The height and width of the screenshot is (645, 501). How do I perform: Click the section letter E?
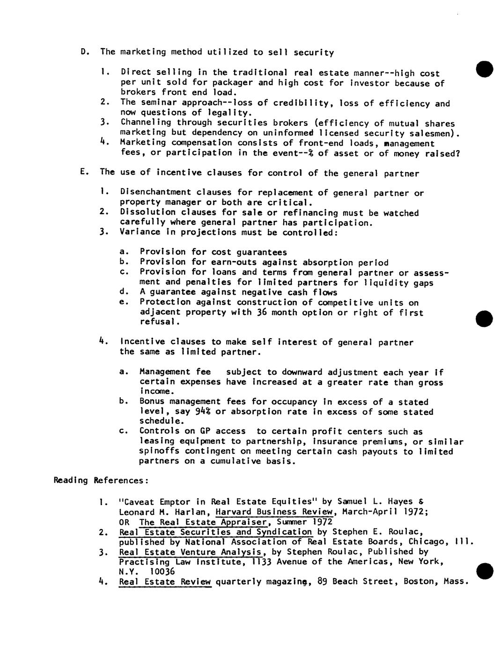coord(83,172)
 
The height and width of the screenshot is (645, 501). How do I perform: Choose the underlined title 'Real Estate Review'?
coord(165,582)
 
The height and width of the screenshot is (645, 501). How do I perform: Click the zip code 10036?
coord(162,572)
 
